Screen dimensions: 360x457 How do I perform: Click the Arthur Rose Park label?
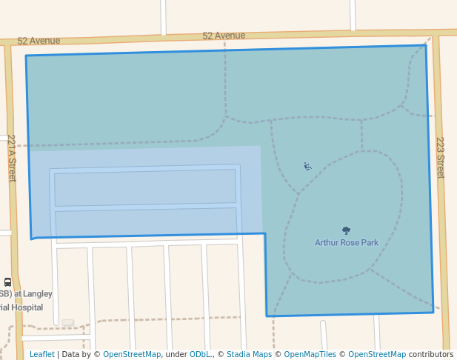[x=346, y=242]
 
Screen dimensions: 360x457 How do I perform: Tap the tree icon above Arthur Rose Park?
[x=346, y=230]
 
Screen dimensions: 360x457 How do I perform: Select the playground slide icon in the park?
[x=307, y=166]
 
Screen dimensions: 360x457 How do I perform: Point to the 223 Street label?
[x=440, y=157]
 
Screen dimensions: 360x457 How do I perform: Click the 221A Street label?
[x=12, y=158]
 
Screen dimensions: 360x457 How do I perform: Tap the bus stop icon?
[x=7, y=281]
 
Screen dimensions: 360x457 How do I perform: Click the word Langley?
[x=38, y=293]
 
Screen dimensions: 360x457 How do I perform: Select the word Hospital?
[x=26, y=307]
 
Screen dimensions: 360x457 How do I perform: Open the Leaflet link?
[x=41, y=354]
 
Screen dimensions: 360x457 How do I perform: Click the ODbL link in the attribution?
[x=200, y=354]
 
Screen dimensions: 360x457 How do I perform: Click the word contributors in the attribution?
[x=431, y=354]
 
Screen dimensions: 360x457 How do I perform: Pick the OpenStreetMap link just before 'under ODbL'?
[x=132, y=354]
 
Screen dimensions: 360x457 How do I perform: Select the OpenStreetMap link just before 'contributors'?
[x=376, y=354]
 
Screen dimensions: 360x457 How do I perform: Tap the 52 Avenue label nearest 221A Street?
[x=39, y=41]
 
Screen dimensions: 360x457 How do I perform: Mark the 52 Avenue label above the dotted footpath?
[x=224, y=36]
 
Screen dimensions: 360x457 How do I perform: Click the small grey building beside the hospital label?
[x=67, y=322]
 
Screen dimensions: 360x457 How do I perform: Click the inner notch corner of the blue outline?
[x=265, y=234]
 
